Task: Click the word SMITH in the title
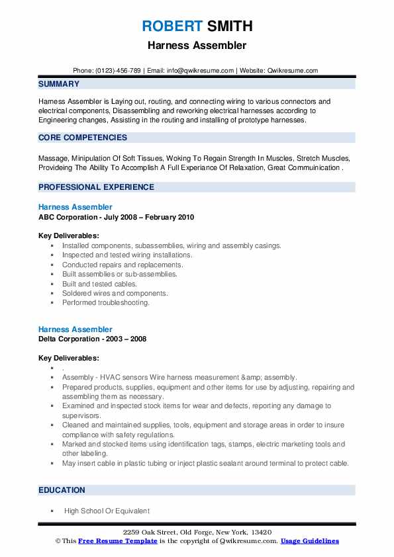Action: pos(229,26)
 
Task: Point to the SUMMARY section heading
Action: pos(59,84)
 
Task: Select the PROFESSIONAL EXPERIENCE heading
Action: pos(96,187)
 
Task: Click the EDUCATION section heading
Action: pos(62,490)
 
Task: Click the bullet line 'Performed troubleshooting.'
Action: pos(106,303)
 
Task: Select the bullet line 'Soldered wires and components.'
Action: pos(115,293)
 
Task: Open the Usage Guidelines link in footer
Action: pos(309,541)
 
